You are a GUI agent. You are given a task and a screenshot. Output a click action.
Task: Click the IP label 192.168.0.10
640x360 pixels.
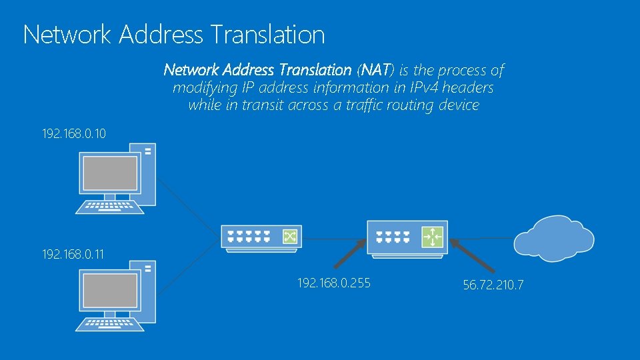pos(74,134)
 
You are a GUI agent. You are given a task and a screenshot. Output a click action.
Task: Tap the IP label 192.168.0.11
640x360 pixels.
pos(74,253)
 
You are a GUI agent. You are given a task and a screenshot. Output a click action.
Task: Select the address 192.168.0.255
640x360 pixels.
pos(334,283)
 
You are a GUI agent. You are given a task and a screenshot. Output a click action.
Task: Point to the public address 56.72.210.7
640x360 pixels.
pos(493,285)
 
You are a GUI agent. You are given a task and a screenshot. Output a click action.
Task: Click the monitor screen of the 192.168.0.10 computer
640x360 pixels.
pos(109,173)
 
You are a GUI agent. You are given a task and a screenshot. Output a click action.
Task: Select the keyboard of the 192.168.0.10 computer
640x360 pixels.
pos(109,206)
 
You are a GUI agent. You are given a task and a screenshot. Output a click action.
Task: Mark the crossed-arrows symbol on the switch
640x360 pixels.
pos(290,236)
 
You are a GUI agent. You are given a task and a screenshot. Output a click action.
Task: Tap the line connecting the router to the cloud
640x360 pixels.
pos(481,238)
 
